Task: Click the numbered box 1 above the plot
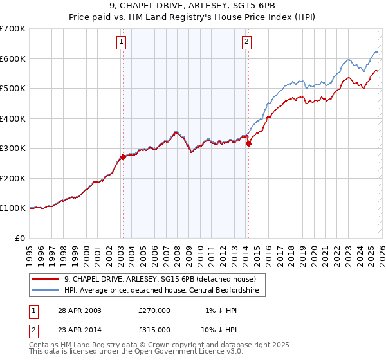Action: pos(122,42)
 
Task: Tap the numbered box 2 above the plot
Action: pos(247,42)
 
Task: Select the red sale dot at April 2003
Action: pos(123,157)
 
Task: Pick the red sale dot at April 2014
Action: pos(248,143)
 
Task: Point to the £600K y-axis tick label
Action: pos(13,59)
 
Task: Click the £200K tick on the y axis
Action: pos(13,178)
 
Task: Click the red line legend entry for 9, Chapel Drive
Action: pos(160,279)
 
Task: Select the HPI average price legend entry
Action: pos(161,290)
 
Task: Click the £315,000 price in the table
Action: pos(154,329)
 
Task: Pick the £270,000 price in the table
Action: pos(154,310)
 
